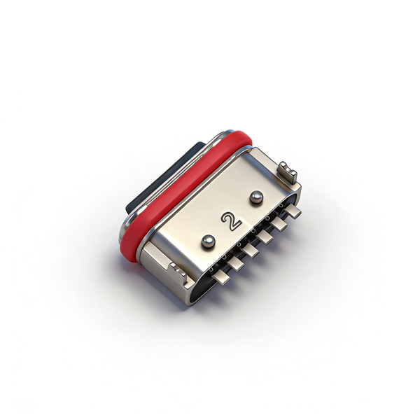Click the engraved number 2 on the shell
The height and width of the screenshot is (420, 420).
click(231, 221)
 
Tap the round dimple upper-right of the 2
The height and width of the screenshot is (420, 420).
click(256, 197)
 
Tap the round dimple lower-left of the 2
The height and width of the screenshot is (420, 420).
click(208, 241)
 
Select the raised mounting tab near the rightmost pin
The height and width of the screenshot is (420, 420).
click(288, 171)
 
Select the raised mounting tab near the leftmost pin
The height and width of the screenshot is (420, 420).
click(178, 272)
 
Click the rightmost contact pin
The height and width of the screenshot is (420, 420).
click(293, 210)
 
